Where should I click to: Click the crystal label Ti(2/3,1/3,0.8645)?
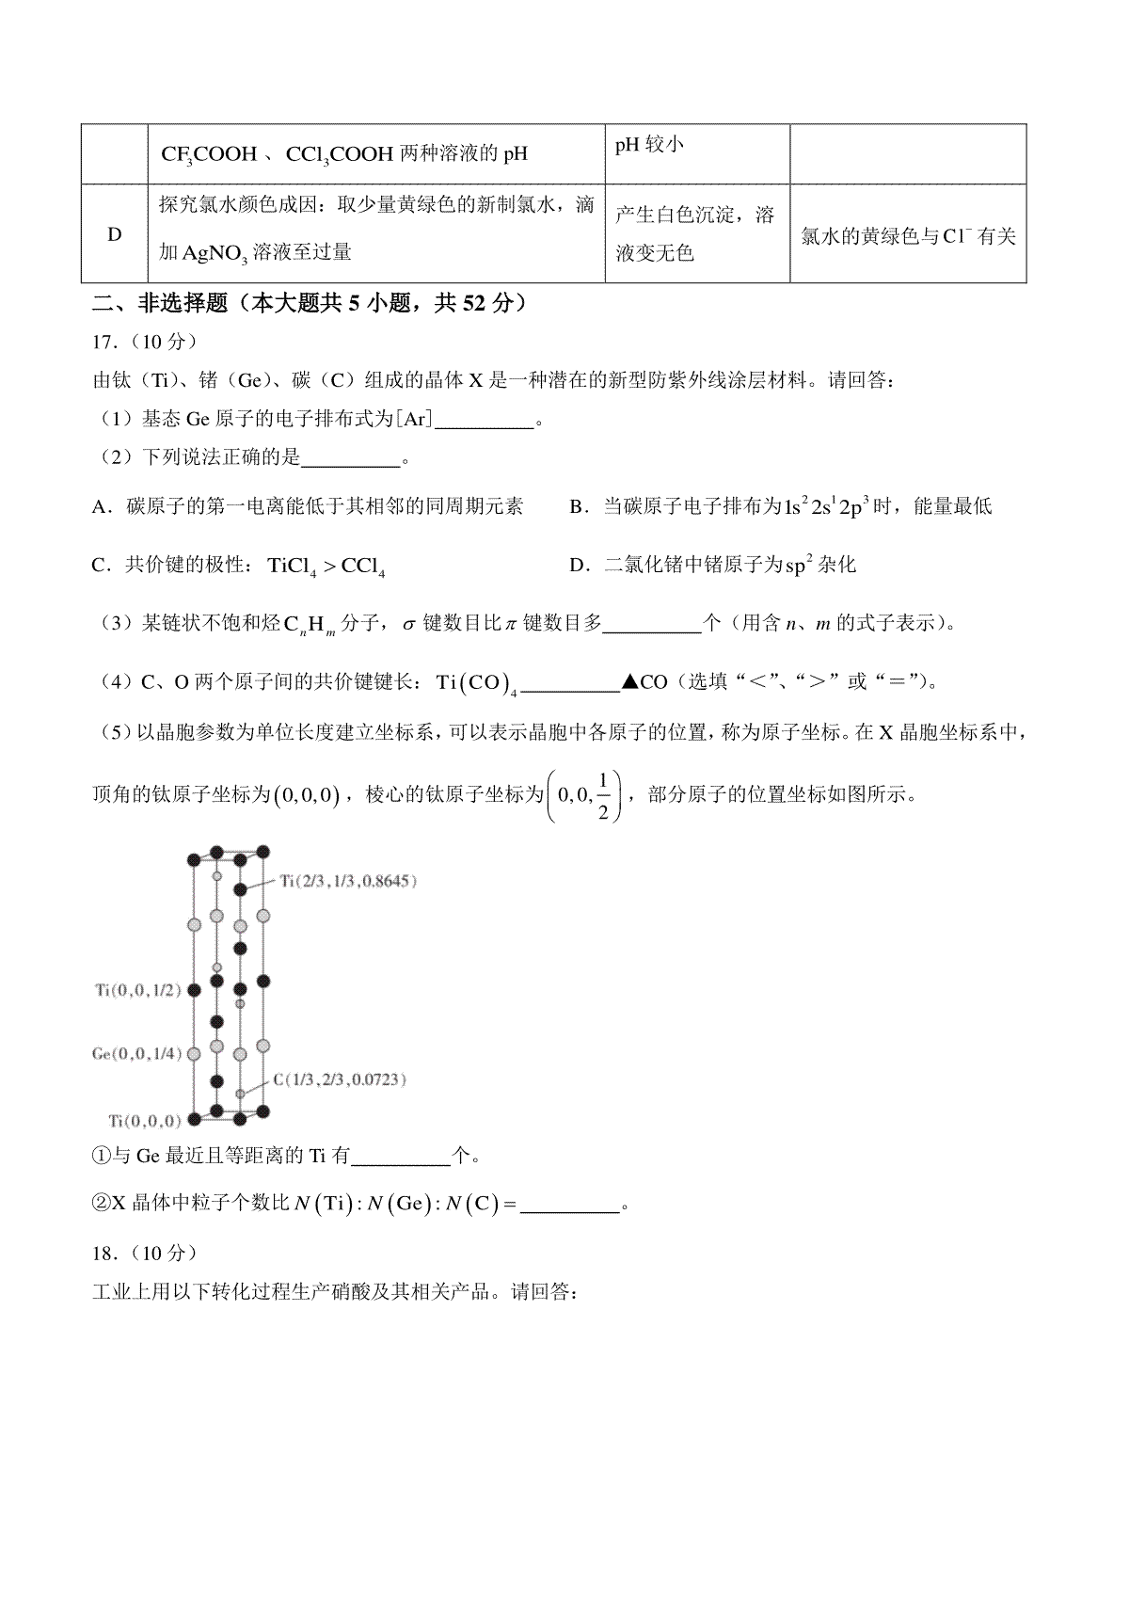[x=349, y=881]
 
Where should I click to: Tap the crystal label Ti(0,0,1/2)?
[x=137, y=990]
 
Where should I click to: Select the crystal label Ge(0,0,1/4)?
[x=136, y=1053]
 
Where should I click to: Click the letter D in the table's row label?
[x=115, y=234]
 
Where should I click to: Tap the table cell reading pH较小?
[x=649, y=144]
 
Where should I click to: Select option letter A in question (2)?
[x=99, y=507]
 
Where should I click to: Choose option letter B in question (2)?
[x=577, y=507]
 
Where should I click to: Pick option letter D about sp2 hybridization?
[x=579, y=565]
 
